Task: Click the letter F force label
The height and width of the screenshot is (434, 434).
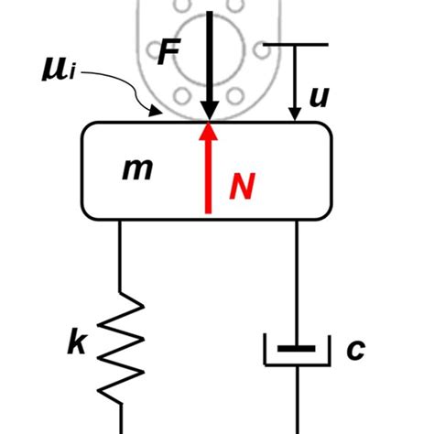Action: pyautogui.click(x=168, y=52)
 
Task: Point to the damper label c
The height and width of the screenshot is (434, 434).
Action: pyautogui.click(x=355, y=349)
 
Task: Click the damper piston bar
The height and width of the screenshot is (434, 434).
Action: pyautogui.click(x=295, y=348)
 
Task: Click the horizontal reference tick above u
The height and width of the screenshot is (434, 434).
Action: pyautogui.click(x=295, y=44)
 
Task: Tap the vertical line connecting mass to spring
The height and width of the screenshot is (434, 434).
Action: pyautogui.click(x=121, y=261)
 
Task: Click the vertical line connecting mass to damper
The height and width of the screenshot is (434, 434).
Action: pyautogui.click(x=295, y=275)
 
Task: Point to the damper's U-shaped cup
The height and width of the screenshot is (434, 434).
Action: pyautogui.click(x=295, y=363)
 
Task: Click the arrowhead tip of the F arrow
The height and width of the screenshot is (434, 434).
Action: pyautogui.click(x=210, y=116)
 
